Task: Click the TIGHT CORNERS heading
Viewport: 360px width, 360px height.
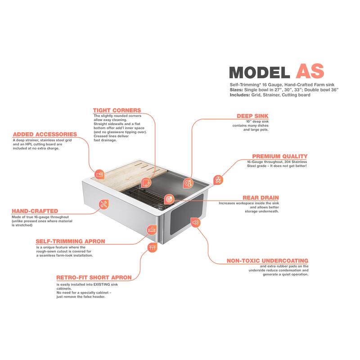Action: (x=117, y=110)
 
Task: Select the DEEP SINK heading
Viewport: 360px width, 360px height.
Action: (x=252, y=116)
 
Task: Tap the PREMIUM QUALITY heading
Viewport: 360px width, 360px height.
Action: (x=279, y=156)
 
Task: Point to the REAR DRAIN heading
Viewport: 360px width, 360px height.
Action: (x=261, y=198)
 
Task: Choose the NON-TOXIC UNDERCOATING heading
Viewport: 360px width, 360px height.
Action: (x=267, y=261)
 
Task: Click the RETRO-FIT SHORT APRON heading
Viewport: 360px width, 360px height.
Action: (x=94, y=278)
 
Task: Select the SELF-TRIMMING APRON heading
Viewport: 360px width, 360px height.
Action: (x=70, y=241)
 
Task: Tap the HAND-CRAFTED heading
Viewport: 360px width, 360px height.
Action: (x=35, y=211)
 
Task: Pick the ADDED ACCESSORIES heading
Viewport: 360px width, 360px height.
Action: (x=45, y=134)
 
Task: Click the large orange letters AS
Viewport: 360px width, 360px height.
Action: (x=310, y=71)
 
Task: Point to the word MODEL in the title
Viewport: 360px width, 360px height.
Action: (x=260, y=72)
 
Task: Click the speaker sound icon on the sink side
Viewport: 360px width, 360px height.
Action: (x=195, y=222)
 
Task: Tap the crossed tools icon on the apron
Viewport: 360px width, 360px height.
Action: (x=104, y=204)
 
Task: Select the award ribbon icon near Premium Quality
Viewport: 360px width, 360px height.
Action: (x=218, y=180)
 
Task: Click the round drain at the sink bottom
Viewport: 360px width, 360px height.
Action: (x=160, y=207)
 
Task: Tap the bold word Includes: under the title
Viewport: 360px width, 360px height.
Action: (x=240, y=95)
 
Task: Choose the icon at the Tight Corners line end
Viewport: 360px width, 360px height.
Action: (x=146, y=183)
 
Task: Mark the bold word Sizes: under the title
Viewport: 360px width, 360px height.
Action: (x=236, y=90)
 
